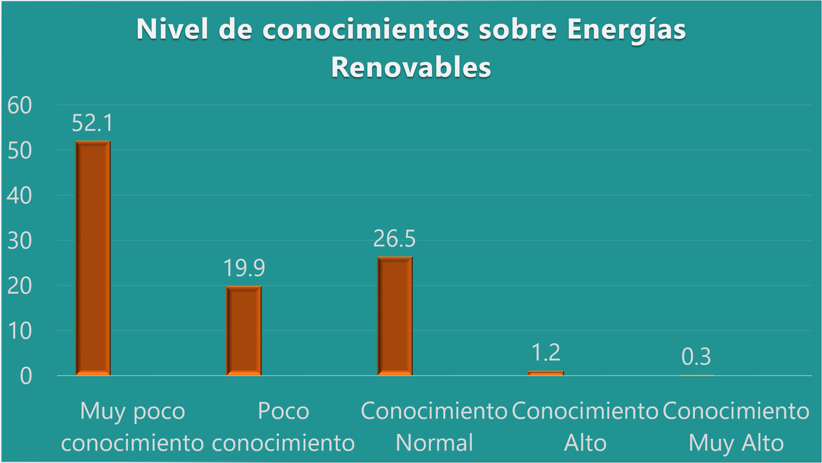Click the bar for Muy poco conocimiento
pos(93,258)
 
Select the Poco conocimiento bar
pos(244,331)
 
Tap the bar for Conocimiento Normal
pos(394,316)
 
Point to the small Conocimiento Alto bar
pos(546,373)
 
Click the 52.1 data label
pos(92,123)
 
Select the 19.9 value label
pos(244,268)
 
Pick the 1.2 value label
pos(546,352)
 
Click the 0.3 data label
pos(696,356)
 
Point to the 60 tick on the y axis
pos(20,105)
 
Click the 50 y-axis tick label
pos(20,151)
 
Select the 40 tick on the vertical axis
pos(20,196)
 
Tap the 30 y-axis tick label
pos(20,241)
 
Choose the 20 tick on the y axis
pos(20,286)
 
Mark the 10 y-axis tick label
pos(20,331)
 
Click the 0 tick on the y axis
pos(25,376)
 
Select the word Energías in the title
pos(626,30)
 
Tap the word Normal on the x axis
pos(435,443)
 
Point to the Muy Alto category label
pos(736,443)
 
